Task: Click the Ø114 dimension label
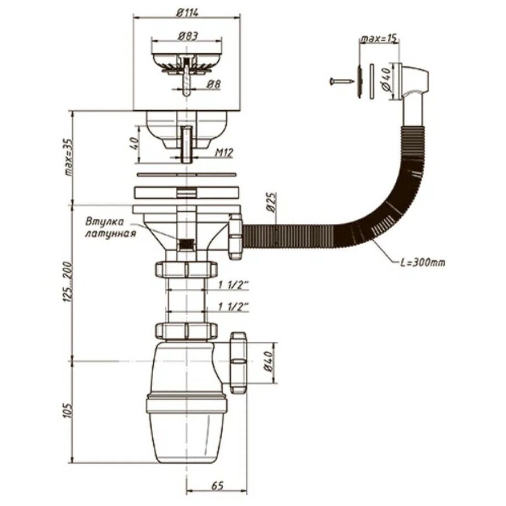coord(187,13)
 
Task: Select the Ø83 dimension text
coord(187,36)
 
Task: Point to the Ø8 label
coord(213,84)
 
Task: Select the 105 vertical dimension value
coord(69,411)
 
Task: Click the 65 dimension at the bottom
coord(218,486)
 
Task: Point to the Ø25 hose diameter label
coord(272,203)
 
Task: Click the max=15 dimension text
coord(378,39)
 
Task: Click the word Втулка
coord(105,222)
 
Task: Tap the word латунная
coord(110,234)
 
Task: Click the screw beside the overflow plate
coord(341,80)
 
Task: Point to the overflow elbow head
coord(414,82)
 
